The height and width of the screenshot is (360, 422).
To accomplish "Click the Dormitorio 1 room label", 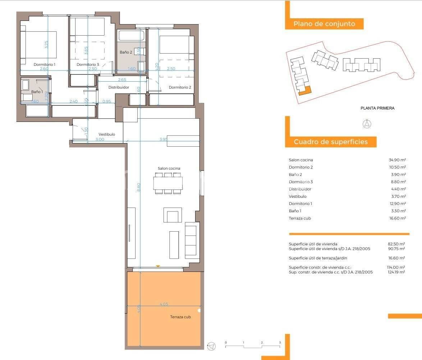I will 44,64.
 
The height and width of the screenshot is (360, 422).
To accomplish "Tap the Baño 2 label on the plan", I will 126,52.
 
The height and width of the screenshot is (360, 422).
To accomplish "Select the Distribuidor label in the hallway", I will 119,87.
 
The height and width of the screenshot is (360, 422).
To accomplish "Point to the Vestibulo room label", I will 107,134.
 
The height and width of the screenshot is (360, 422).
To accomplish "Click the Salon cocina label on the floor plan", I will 169,168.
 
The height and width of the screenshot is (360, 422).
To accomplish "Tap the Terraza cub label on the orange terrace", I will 180,317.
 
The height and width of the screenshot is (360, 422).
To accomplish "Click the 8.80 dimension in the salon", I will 139,187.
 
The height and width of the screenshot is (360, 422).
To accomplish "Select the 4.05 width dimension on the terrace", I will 164,304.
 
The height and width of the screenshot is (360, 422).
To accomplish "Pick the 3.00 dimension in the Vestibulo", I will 100,139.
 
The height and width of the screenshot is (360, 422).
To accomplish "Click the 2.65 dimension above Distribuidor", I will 122,79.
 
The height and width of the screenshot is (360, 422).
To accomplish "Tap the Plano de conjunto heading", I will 324,24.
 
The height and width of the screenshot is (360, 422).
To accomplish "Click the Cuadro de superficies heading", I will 331,142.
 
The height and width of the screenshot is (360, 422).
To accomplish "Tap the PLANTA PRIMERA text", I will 377,108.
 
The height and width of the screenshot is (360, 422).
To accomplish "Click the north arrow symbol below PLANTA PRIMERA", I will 367,124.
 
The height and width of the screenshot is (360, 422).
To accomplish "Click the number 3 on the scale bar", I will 280,342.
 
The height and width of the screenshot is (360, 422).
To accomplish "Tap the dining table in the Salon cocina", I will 168,183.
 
